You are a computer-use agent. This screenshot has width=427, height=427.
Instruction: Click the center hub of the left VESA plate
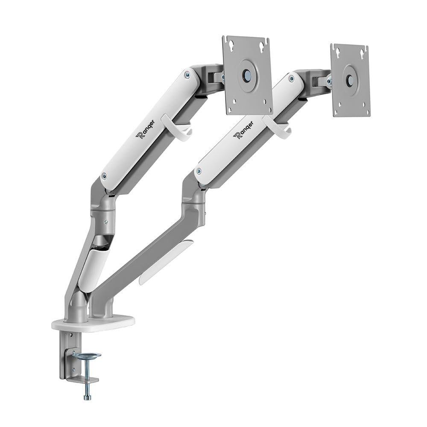[x=247, y=74]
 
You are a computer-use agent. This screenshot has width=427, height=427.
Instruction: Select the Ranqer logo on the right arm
[x=243, y=130]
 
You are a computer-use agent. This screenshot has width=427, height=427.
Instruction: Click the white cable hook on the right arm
[x=278, y=129]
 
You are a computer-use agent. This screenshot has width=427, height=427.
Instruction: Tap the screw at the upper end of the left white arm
[x=187, y=75]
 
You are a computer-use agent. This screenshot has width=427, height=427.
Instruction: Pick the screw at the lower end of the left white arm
[x=104, y=175]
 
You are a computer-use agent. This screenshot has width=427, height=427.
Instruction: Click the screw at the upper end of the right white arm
[x=291, y=79]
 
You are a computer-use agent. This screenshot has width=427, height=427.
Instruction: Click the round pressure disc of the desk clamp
[x=86, y=355]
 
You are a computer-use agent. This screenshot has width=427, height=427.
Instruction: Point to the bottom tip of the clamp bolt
[x=87, y=398]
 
